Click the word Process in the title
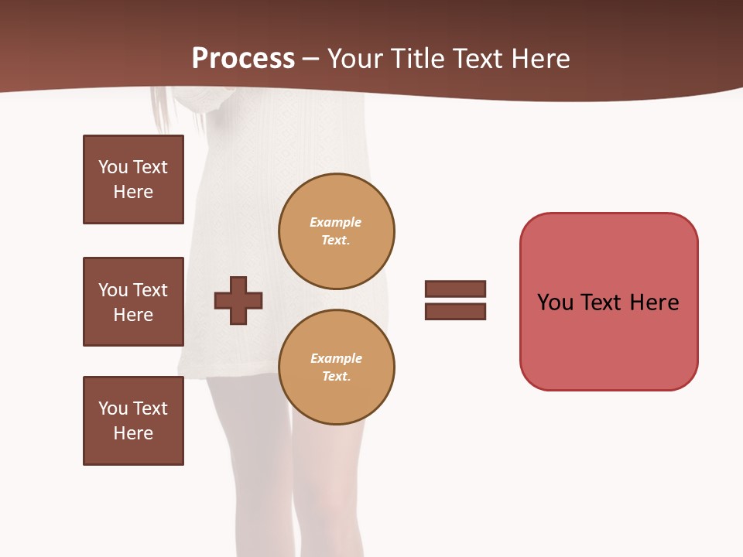pos(243,59)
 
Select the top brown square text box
pos(133,179)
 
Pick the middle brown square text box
pos(133,302)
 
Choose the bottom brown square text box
pos(133,421)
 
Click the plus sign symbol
pos(238,300)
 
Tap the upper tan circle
pos(336,231)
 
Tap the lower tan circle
pos(336,367)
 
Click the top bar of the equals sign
pos(455,289)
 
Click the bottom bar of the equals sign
pos(455,312)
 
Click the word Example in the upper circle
pos(335,222)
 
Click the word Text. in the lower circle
pos(336,377)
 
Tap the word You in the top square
pos(112,167)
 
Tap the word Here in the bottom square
pos(133,433)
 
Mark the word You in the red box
pos(555,302)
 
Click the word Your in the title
pos(354,59)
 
